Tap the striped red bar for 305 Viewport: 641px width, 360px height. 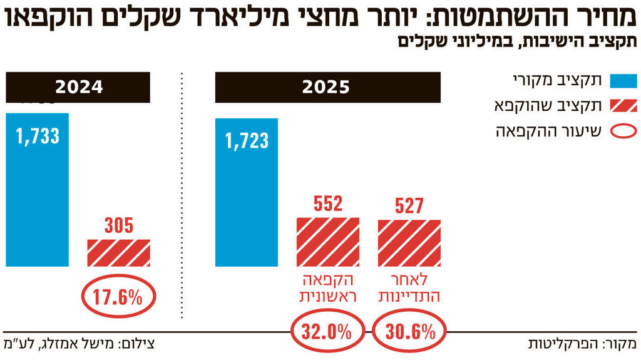(x=118, y=253)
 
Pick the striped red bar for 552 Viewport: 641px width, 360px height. (x=327, y=242)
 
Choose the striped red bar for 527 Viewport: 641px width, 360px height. (x=409, y=243)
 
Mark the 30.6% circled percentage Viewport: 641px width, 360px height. (x=409, y=331)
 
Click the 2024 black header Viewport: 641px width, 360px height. (x=79, y=87)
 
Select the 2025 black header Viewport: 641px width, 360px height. (x=327, y=87)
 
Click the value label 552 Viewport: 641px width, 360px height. (x=327, y=204)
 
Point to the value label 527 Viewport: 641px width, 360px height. (x=409, y=206)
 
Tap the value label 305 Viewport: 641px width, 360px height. (x=118, y=225)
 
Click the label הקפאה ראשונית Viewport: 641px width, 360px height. (x=327, y=287)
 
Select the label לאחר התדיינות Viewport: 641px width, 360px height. (x=410, y=287)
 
